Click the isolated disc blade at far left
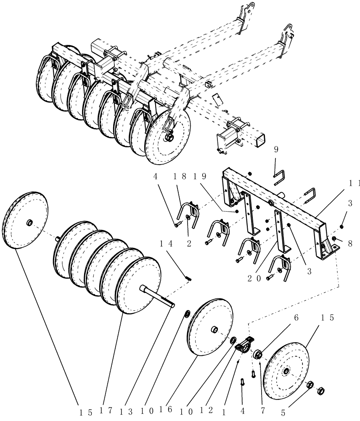pos(26,220)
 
